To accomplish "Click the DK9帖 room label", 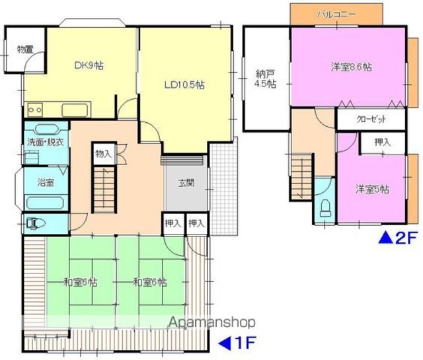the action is [x=89, y=65].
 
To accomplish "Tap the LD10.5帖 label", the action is [x=184, y=85].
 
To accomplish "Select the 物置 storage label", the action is [x=25, y=50].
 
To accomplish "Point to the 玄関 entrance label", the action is [x=186, y=183].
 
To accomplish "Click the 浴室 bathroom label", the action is [x=46, y=182].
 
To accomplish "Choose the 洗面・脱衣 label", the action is [x=46, y=143].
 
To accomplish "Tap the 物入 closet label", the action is [x=103, y=155].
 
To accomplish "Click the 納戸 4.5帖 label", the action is [x=266, y=79].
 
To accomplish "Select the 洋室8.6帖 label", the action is [x=351, y=67].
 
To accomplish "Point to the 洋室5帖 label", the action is [x=372, y=190].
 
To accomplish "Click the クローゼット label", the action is [x=371, y=119].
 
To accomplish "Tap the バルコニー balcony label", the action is [x=336, y=14].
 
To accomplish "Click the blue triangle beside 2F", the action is [x=386, y=238].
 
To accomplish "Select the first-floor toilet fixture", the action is [x=36, y=223].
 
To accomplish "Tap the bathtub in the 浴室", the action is [x=44, y=203].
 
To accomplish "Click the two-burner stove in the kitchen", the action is [x=35, y=110].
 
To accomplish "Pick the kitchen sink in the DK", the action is [x=75, y=110].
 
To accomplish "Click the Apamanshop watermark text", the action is [x=212, y=322].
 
